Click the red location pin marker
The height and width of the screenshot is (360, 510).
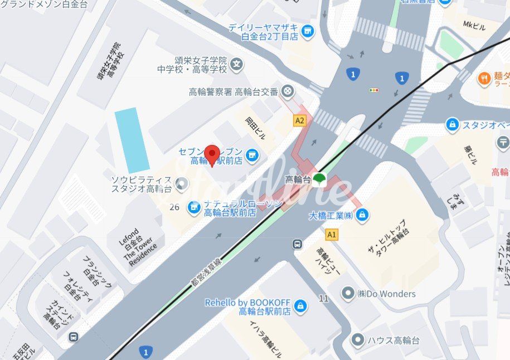tap(212, 154)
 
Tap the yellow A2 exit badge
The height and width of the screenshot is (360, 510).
tap(300, 120)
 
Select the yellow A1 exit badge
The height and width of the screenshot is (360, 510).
tap(332, 235)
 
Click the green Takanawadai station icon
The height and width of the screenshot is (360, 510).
tap(319, 179)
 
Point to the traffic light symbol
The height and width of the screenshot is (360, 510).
tap(373, 90)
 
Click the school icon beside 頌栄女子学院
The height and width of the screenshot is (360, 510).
tap(237, 64)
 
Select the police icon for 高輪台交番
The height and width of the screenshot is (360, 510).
tap(288, 91)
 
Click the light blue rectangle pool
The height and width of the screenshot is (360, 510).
tap(132, 140)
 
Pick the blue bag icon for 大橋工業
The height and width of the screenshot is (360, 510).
tap(362, 215)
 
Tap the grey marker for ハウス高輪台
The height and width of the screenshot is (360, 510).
tap(357, 339)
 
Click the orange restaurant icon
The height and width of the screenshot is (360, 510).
tap(484, 79)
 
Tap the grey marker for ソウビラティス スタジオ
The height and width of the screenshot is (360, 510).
tap(181, 183)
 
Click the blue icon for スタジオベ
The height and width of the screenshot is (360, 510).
tap(452, 125)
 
